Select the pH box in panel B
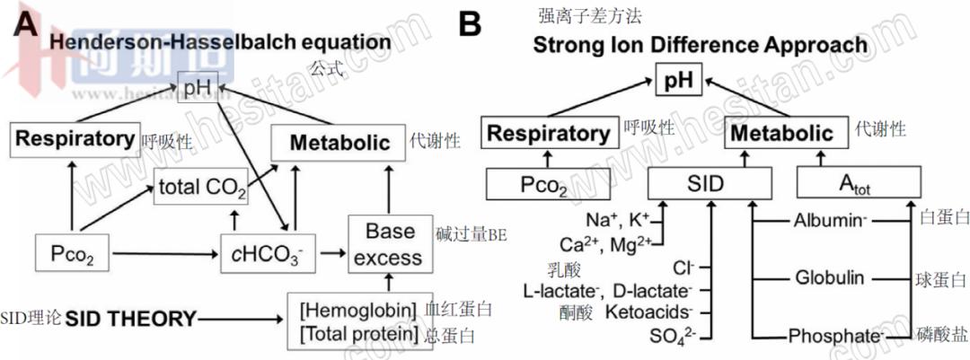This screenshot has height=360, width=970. (681, 81)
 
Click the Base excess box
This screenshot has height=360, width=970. (387, 244)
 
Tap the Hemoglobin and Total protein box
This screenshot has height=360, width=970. (358, 322)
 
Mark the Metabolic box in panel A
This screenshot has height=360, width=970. (333, 142)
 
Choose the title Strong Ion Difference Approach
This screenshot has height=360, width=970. (701, 44)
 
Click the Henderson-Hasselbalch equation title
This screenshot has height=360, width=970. (220, 41)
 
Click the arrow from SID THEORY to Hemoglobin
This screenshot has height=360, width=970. (242, 318)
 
